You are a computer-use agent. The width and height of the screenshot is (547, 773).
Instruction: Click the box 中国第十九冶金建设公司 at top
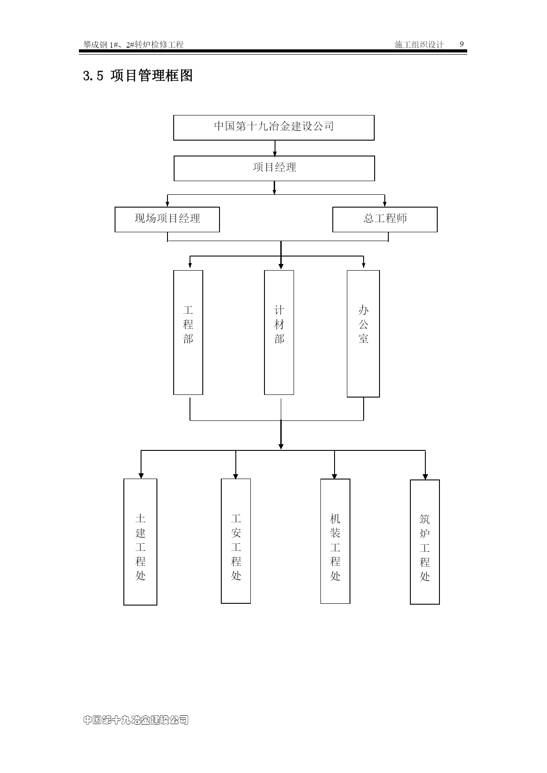coord(274,128)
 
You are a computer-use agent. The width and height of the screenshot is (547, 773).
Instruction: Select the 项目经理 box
coord(274,168)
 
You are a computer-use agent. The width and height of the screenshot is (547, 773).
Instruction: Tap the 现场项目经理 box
coord(167,219)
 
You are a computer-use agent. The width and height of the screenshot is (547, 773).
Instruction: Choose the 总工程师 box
coord(385,219)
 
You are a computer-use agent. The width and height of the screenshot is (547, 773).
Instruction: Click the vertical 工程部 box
coord(188,332)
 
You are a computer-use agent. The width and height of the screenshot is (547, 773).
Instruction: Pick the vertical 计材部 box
coord(279,332)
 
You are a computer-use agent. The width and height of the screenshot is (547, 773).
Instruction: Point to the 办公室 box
coord(363,334)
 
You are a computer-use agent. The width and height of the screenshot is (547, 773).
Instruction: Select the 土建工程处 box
coord(140,542)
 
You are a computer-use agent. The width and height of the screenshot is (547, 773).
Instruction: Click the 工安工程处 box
coord(236,541)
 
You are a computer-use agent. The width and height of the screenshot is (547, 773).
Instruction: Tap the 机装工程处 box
coord(335,541)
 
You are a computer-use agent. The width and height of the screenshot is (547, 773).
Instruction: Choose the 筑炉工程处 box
coord(425,542)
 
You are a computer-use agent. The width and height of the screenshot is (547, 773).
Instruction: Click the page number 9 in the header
coord(461,44)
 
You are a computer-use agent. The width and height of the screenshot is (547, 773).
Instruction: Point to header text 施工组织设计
coord(419,45)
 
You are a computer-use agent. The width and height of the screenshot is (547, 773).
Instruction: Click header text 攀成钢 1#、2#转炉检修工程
coord(134,45)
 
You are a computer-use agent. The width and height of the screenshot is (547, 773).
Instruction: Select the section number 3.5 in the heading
coord(93,76)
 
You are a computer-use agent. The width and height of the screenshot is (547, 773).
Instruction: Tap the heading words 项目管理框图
coord(152,75)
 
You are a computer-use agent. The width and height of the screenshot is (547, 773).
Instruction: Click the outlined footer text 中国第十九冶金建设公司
coord(136,720)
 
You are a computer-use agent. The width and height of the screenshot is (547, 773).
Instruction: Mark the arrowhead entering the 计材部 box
coord(281,267)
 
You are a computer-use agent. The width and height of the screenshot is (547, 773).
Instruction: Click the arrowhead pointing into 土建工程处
coord(141,476)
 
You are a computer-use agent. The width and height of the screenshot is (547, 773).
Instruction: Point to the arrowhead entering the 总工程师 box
coord(385,204)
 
